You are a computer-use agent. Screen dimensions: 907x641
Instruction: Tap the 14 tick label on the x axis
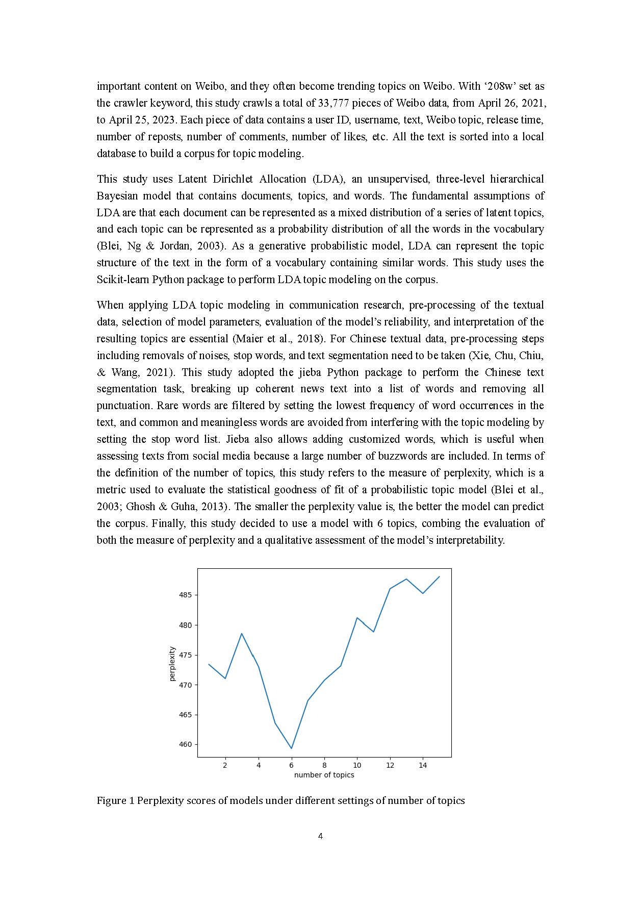pos(423,765)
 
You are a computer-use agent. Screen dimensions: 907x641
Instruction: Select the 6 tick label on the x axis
pos(291,765)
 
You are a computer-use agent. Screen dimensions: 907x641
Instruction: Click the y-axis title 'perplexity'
pos(172,664)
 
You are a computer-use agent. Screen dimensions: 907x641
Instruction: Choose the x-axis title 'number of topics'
pos(324,775)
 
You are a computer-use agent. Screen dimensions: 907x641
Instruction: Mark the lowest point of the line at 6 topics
pos(291,748)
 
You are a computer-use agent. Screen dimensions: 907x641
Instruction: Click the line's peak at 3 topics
pos(242,634)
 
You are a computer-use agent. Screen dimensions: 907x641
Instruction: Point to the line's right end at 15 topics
pos(439,577)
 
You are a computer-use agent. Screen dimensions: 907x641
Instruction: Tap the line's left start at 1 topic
pos(209,664)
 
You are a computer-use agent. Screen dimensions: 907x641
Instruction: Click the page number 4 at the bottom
pos(320,836)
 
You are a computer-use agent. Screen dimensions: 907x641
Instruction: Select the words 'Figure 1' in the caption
pos(115,800)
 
